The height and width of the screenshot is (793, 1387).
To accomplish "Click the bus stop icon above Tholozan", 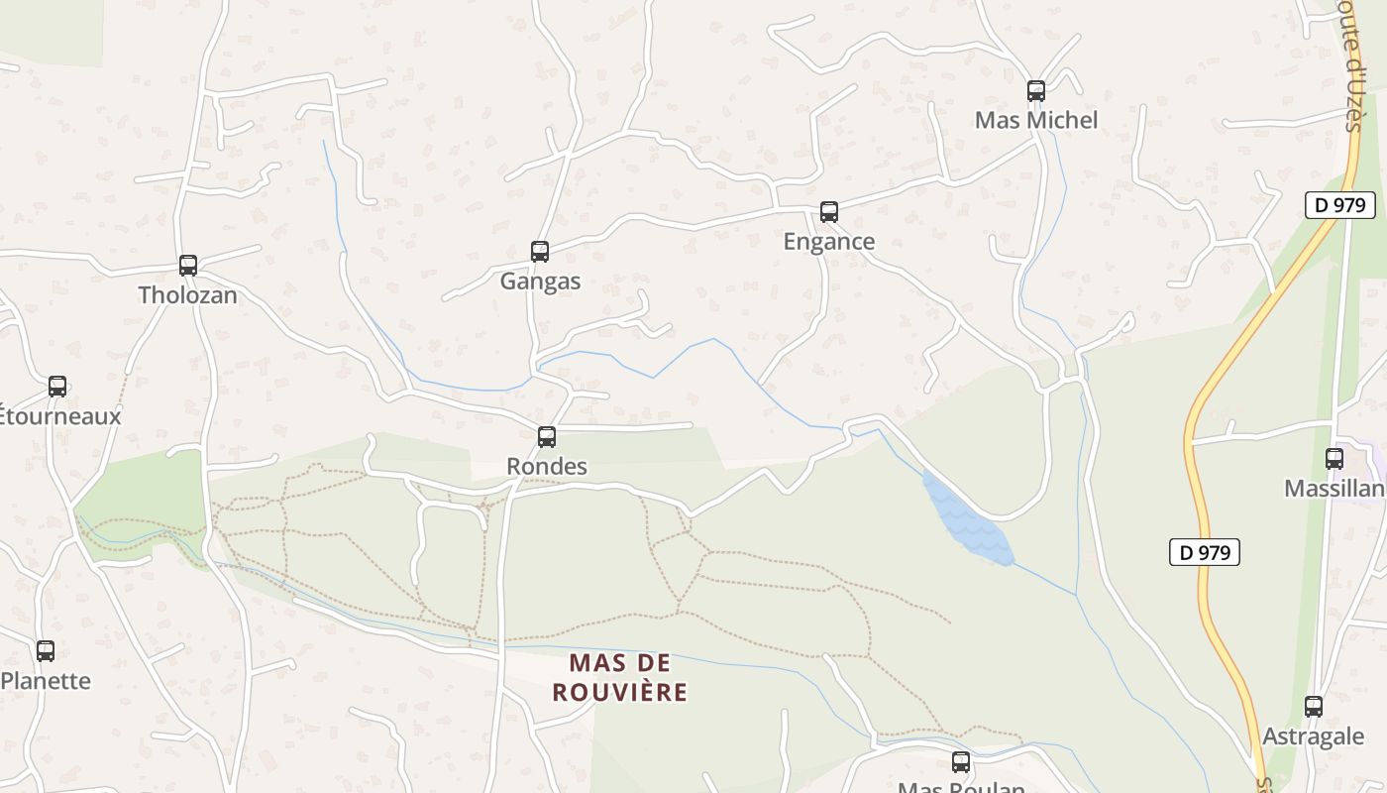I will click(x=188, y=266).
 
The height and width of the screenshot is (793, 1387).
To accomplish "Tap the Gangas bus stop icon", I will click(x=540, y=252).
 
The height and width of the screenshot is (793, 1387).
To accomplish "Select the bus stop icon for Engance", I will click(x=829, y=212).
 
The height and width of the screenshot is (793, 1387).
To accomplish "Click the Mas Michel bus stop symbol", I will click(x=1036, y=91).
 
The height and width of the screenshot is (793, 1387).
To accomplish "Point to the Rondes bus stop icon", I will click(x=547, y=437).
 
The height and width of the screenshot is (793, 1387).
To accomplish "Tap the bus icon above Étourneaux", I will click(x=57, y=387).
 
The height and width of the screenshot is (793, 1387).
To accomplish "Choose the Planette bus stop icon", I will click(x=46, y=651).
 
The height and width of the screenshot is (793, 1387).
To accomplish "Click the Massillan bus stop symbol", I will click(x=1334, y=459).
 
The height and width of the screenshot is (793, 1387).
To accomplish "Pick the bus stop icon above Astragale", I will click(x=1314, y=707).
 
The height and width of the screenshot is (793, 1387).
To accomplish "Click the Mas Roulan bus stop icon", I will click(x=961, y=762).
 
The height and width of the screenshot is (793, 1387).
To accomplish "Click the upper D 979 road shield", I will click(x=1340, y=205).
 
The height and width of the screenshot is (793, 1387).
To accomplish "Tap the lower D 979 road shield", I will click(x=1205, y=552).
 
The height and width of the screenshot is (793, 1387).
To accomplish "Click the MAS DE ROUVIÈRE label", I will click(x=619, y=677).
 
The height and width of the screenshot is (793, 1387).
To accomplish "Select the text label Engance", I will click(x=829, y=242).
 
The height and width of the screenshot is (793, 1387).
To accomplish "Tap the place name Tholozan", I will click(x=188, y=295).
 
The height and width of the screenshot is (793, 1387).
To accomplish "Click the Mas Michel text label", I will click(x=1036, y=121).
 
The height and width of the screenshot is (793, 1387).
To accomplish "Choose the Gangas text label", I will click(x=540, y=282).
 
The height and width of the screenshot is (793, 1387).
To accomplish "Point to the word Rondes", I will click(x=547, y=467).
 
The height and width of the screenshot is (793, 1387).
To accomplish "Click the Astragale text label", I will click(x=1314, y=736).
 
